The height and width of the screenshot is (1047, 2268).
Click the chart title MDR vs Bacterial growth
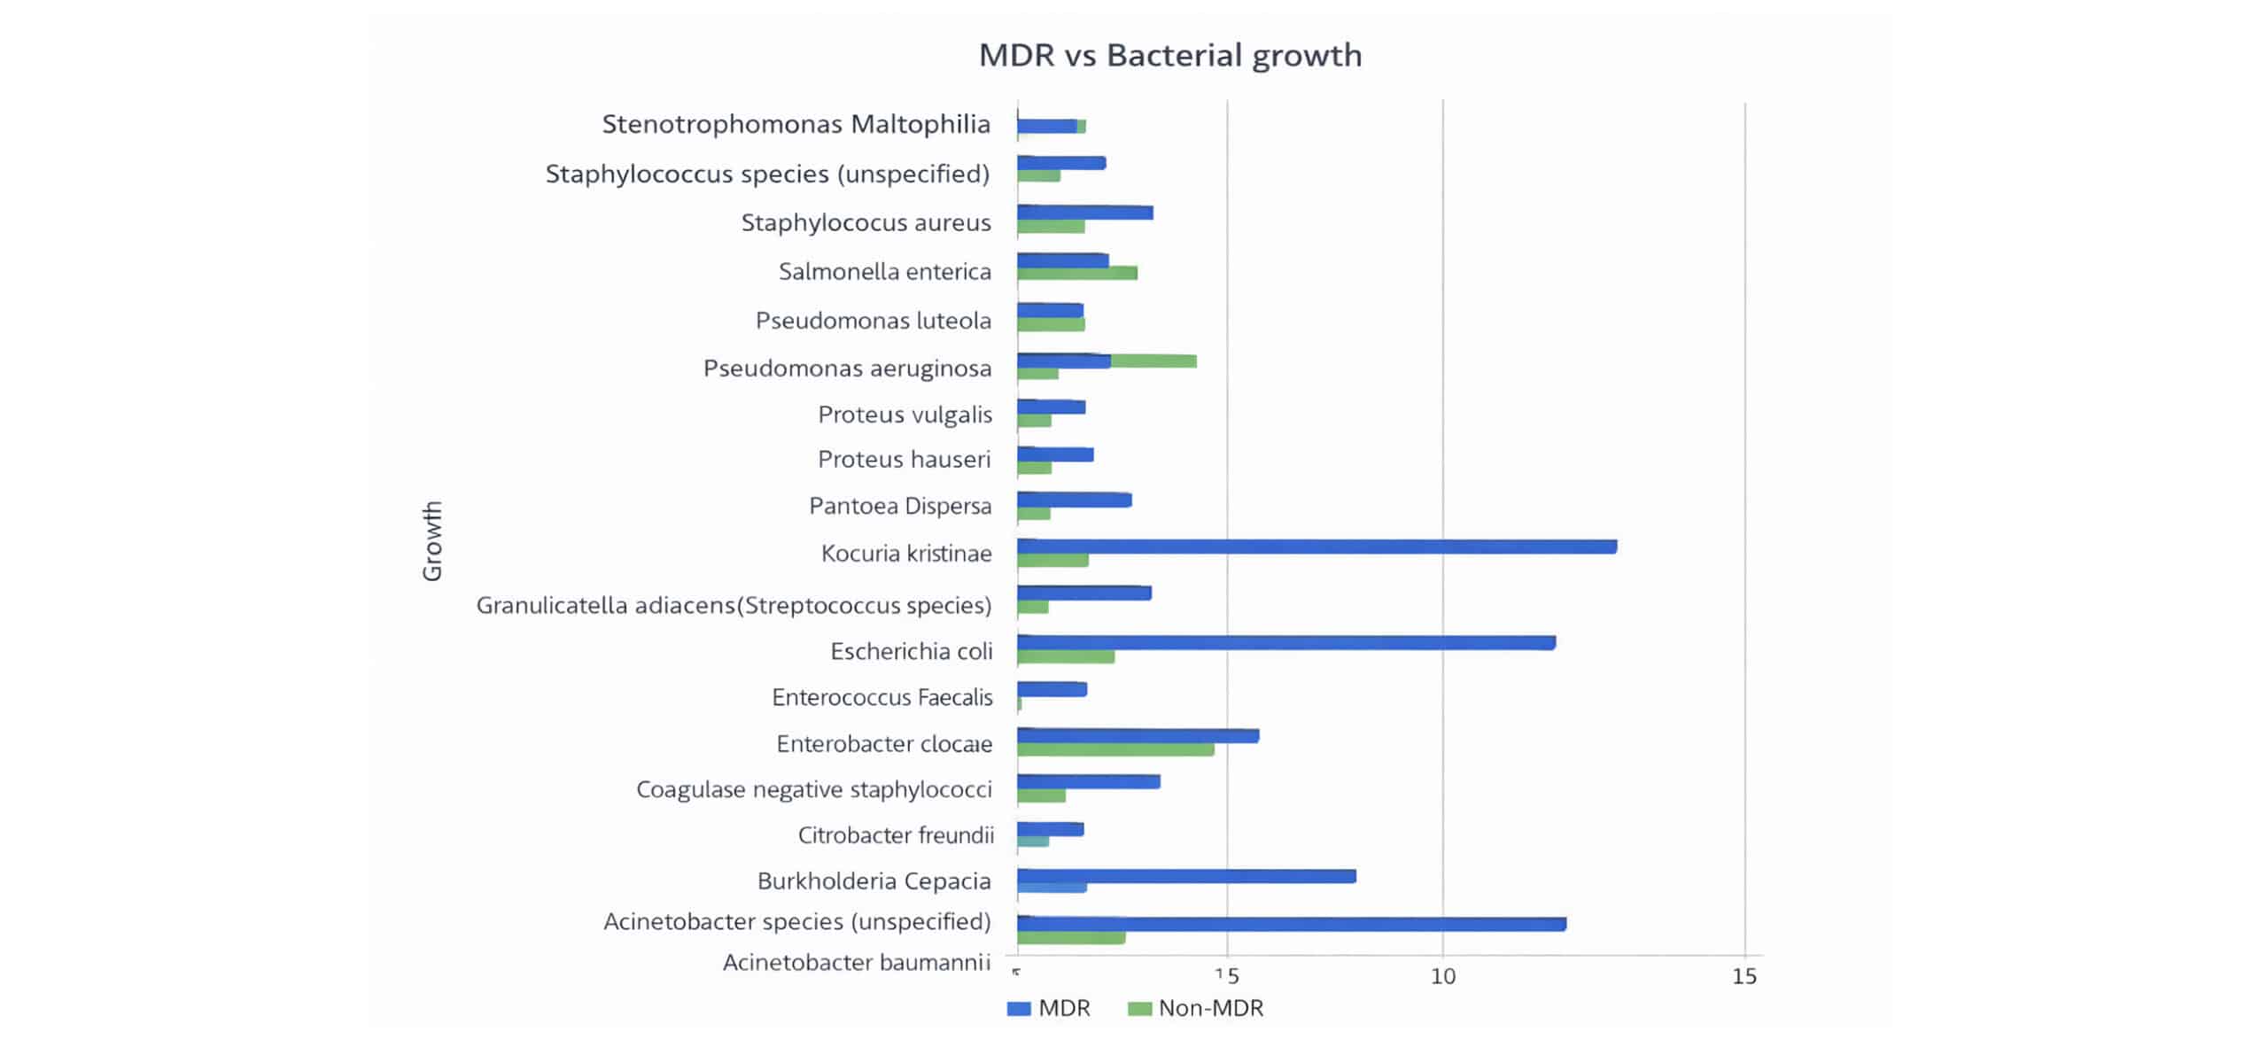tap(1169, 55)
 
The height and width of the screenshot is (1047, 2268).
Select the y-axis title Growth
tap(432, 540)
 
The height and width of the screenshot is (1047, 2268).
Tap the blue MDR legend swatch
tap(1019, 1008)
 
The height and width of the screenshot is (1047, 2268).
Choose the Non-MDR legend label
tap(1210, 1008)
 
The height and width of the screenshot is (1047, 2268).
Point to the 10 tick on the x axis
tap(1443, 976)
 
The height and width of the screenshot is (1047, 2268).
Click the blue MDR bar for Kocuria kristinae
tap(1317, 547)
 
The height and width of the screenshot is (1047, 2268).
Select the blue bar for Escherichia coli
tap(1285, 642)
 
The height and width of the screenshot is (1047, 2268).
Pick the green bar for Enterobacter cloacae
tap(1115, 749)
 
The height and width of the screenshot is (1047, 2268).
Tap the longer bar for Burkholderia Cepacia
tap(1186, 876)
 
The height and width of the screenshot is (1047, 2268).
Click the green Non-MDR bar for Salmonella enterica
tap(1077, 273)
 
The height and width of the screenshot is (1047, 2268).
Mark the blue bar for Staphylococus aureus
tap(1085, 213)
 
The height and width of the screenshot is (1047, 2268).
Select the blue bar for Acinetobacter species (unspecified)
tap(1291, 924)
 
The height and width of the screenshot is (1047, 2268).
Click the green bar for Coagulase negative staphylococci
tap(1041, 795)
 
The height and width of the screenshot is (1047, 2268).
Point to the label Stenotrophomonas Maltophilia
tap(796, 124)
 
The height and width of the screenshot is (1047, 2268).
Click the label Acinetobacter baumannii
tap(856, 962)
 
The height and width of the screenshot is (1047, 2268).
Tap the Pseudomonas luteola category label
tap(873, 321)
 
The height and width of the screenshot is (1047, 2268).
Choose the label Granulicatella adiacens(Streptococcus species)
tap(734, 605)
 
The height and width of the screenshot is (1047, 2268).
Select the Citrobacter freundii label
tap(896, 835)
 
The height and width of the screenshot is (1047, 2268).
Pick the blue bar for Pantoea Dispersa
tap(1074, 500)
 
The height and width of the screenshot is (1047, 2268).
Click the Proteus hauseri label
tap(904, 459)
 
